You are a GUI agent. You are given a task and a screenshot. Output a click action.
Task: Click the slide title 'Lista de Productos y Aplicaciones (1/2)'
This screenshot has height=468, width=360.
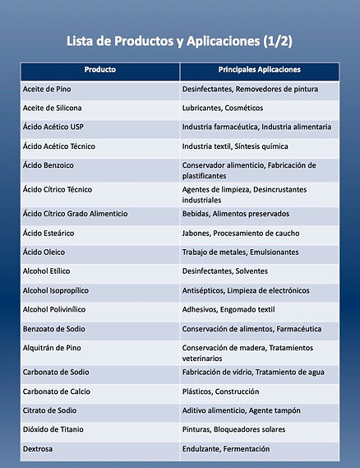(x=179, y=40)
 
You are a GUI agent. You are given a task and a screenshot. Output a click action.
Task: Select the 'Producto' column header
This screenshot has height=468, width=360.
(x=99, y=70)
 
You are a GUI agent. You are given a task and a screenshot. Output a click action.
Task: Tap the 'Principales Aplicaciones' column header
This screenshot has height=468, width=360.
(x=259, y=70)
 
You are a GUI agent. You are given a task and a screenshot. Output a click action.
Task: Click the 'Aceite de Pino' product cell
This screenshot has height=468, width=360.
(x=47, y=89)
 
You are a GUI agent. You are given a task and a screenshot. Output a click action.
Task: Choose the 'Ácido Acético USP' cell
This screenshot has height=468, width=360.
(x=55, y=127)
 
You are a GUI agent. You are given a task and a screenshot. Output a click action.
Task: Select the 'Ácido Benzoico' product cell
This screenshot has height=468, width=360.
(x=49, y=165)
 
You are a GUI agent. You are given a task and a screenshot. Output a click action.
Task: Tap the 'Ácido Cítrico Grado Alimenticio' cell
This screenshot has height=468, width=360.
(x=76, y=214)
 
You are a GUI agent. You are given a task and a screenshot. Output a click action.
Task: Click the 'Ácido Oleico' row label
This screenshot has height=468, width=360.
(x=44, y=252)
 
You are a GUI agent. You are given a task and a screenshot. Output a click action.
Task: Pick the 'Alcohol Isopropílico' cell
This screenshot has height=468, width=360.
(x=57, y=290)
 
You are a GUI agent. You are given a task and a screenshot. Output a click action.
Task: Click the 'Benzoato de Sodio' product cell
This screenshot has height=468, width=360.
(x=53, y=329)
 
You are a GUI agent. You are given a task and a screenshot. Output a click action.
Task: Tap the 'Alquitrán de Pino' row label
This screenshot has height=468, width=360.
(x=53, y=348)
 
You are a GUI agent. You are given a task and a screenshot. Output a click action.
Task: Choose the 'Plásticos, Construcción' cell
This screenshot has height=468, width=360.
(x=220, y=392)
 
